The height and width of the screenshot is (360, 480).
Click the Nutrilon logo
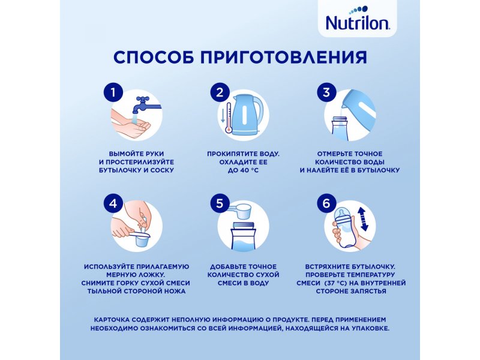(357, 19)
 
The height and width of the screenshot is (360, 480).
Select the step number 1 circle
(113, 92)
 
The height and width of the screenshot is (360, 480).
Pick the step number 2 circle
(220, 92)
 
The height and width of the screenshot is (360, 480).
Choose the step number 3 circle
(326, 92)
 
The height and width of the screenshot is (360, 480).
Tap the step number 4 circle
(113, 203)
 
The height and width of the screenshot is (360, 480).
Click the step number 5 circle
(220, 203)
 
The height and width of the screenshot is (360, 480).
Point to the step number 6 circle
(326, 203)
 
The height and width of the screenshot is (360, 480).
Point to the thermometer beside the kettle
(228, 118)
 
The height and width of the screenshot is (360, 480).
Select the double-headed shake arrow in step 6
(364, 218)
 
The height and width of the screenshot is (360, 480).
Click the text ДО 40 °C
(243, 170)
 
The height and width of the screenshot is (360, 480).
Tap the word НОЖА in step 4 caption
(176, 291)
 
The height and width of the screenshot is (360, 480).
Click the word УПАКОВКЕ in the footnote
(371, 328)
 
